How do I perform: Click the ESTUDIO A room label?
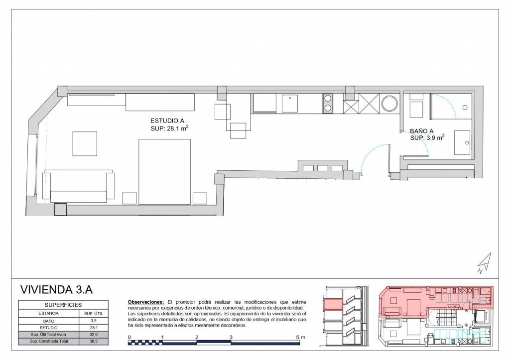coord(167,120)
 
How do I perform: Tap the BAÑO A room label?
coord(421,131)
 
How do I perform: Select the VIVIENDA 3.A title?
coord(56,289)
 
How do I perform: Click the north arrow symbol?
coord(485,263)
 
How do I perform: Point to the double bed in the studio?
coord(164,172)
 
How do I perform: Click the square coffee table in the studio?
coord(85,144)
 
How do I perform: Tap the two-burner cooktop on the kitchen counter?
coord(328,103)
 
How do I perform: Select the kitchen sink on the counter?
coord(290,104)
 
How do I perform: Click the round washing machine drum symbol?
coord(389,104)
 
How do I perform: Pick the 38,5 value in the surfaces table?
coord(94,341)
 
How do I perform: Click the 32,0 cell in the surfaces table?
coord(94,334)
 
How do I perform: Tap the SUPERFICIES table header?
coord(63,305)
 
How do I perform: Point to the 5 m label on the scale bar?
coord(300,337)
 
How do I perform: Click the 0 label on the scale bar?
coord(129,337)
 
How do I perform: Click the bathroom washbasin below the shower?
coord(462,143)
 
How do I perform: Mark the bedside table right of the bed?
coord(200,198)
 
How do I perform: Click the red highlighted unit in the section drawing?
coord(332,305)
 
